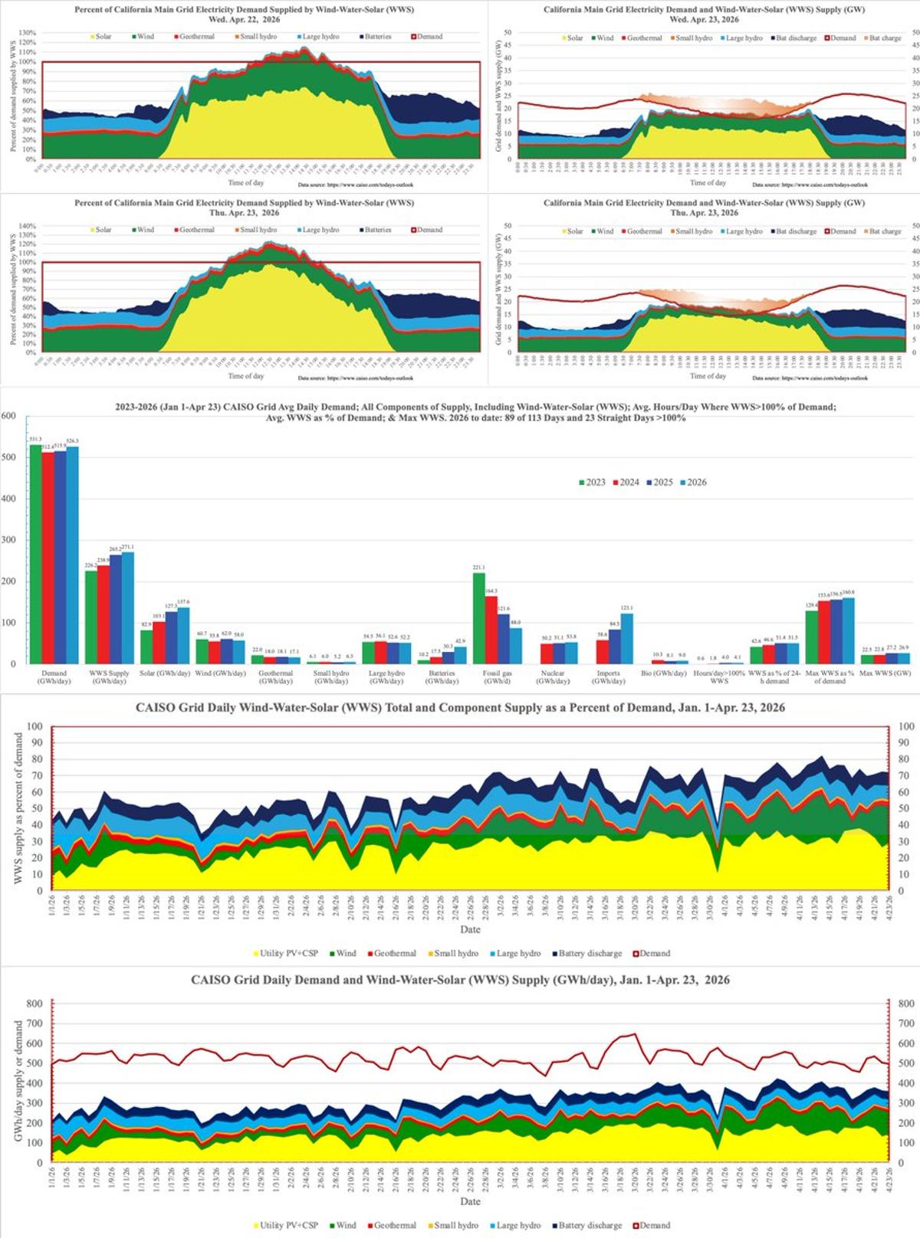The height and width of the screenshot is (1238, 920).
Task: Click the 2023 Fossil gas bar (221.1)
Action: pyautogui.click(x=479, y=617)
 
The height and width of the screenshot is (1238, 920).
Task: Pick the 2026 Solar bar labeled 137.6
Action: pyautogui.click(x=183, y=635)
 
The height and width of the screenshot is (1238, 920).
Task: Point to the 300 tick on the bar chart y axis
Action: pyautogui.click(x=8, y=540)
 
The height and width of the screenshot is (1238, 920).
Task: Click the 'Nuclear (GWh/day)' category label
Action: pyautogui.click(x=553, y=677)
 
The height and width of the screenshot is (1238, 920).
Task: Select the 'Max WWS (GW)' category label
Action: pyautogui.click(x=885, y=673)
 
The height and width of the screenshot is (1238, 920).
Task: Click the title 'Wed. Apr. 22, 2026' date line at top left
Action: pyautogui.click(x=244, y=20)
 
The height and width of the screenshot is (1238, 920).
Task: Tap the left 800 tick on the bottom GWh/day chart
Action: pyautogui.click(x=34, y=1003)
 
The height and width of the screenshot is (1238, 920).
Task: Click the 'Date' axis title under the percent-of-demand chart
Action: pyautogui.click(x=470, y=929)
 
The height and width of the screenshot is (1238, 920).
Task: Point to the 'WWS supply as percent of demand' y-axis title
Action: pyautogui.click(x=18, y=808)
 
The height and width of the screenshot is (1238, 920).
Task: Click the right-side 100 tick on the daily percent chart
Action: pyautogui.click(x=905, y=726)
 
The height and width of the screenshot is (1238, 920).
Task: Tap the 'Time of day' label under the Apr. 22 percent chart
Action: pyautogui.click(x=245, y=182)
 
